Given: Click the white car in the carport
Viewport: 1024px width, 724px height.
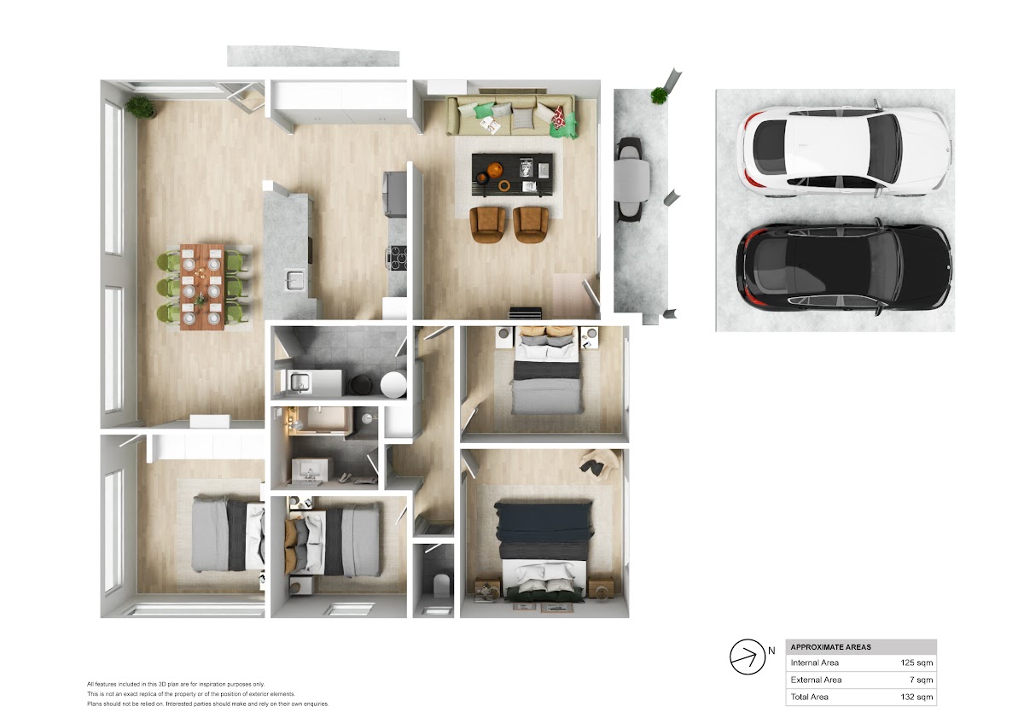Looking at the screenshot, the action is (x=844, y=151).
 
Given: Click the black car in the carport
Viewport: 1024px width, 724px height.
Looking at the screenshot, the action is (x=844, y=267).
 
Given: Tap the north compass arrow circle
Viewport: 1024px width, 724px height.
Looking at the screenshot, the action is (x=748, y=657).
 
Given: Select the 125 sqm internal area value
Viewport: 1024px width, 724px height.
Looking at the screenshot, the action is (x=916, y=663).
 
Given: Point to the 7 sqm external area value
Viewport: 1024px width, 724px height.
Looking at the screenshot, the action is (x=921, y=680).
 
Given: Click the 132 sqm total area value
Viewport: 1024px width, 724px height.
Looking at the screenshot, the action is (x=916, y=697).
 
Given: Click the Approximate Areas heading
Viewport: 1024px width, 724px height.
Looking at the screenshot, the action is (x=830, y=647).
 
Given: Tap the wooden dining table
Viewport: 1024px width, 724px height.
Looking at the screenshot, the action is (x=202, y=287).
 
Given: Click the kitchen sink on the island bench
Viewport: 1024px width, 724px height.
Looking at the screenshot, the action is (x=295, y=280).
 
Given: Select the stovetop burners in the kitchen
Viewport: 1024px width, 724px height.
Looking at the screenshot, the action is (x=397, y=258).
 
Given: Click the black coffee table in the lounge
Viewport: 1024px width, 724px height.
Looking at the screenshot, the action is (x=513, y=174).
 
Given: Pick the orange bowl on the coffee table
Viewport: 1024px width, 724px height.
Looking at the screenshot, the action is (x=495, y=170).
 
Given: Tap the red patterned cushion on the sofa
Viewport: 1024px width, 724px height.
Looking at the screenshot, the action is (x=559, y=118).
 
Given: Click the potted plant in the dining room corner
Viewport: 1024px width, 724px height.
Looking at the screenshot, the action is (x=141, y=108).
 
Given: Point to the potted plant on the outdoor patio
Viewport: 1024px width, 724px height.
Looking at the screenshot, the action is (x=659, y=96).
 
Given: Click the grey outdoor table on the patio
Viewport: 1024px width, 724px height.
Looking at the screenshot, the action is (x=631, y=180).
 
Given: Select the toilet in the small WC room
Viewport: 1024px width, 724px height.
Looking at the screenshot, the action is (x=440, y=585).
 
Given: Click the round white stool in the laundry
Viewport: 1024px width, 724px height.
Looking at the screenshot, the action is (x=393, y=384).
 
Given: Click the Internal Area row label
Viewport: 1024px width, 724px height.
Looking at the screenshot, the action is (x=815, y=663).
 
